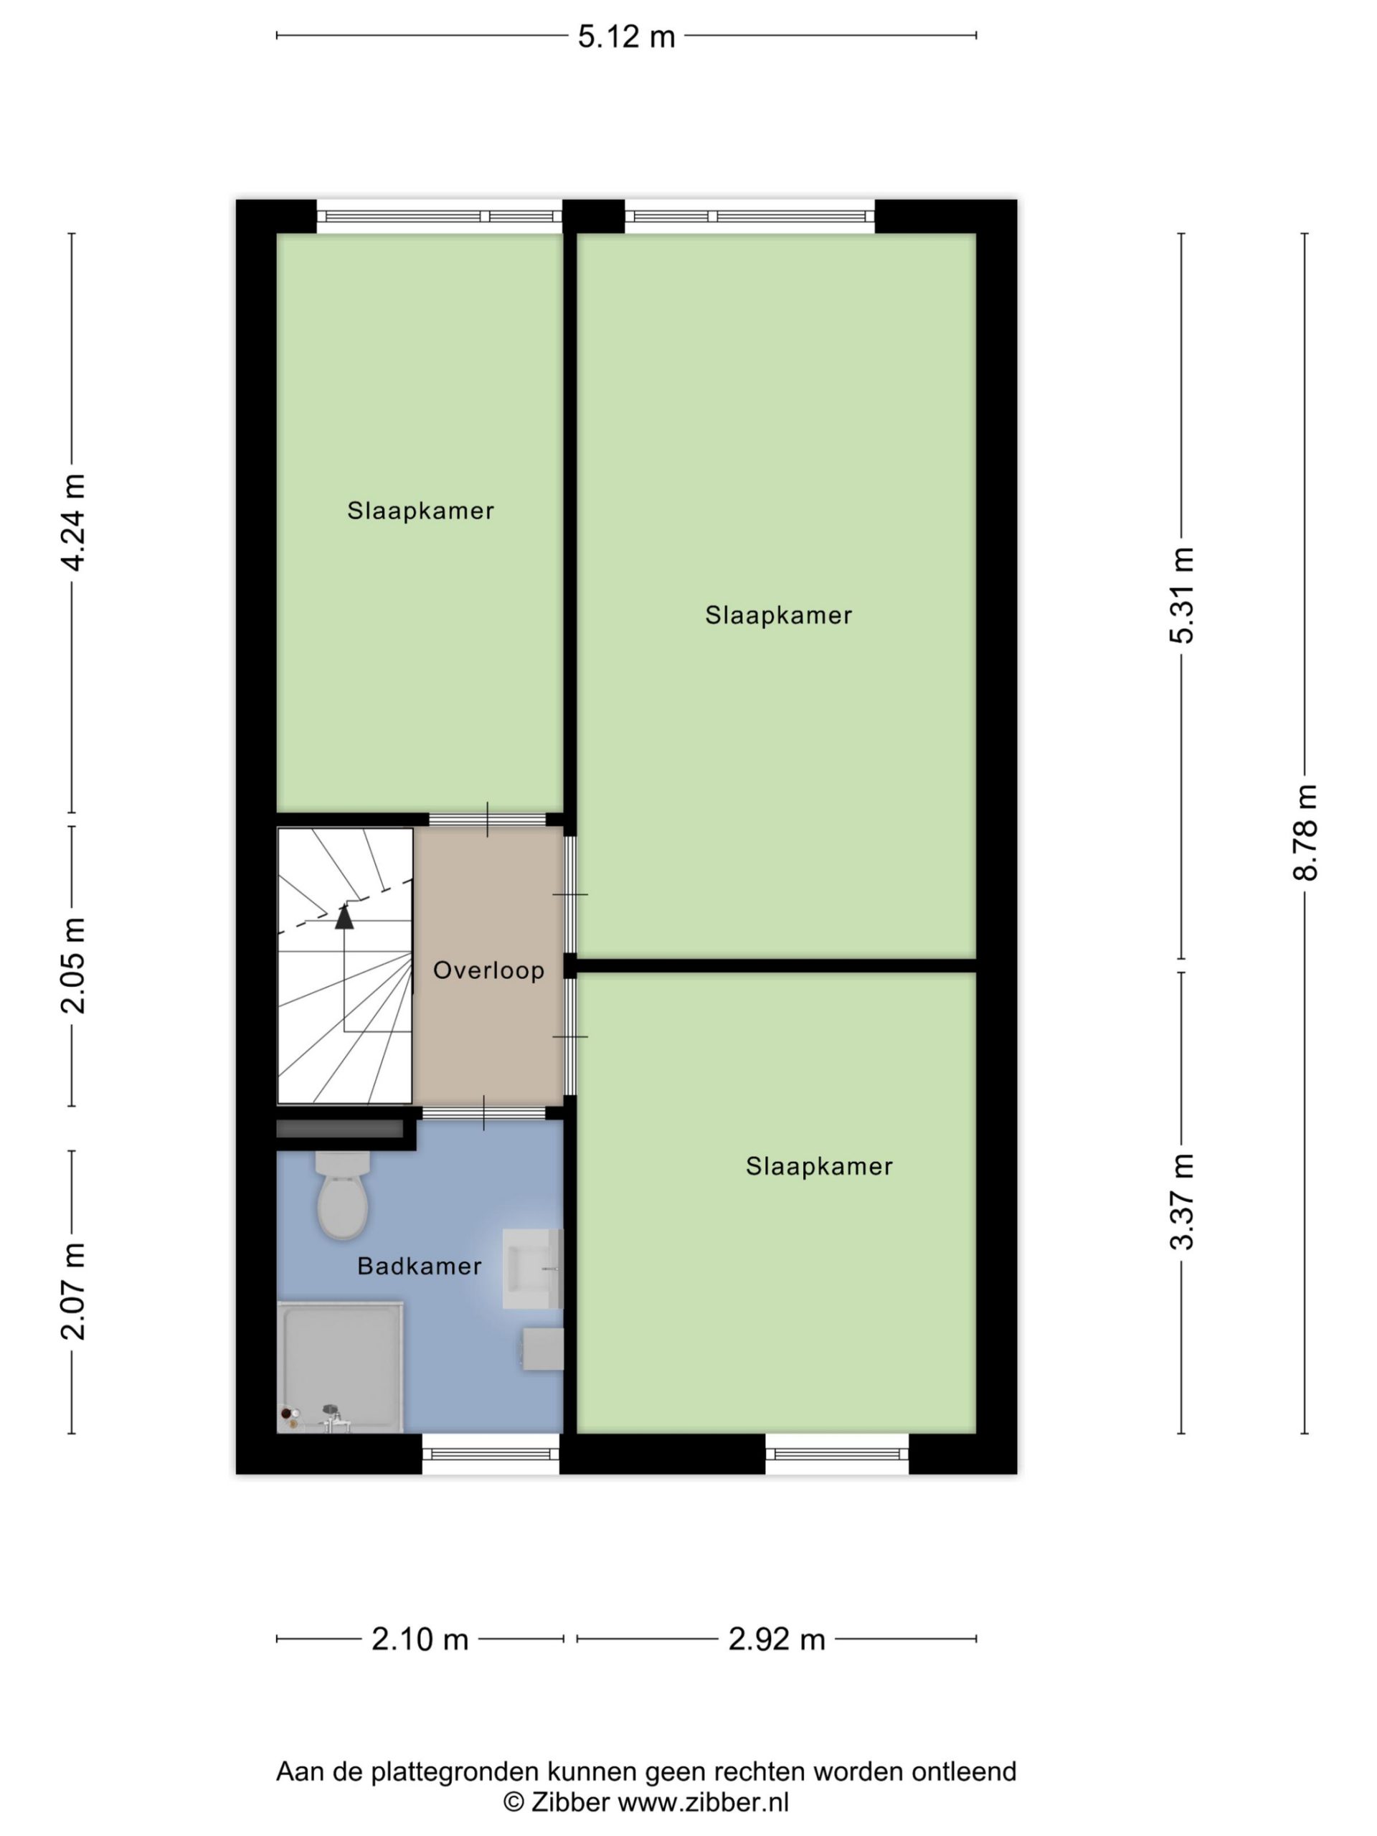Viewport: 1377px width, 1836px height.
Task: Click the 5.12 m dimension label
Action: tap(627, 37)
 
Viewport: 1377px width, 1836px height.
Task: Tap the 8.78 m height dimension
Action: tap(1305, 832)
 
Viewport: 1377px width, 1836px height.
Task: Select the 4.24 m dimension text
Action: tap(73, 522)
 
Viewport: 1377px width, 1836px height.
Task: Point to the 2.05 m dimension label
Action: tap(73, 965)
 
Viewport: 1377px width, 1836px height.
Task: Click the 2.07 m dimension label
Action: tap(73, 1292)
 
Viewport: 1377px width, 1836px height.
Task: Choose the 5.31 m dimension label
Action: tap(1181, 595)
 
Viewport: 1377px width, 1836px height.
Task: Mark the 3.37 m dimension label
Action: tap(1181, 1201)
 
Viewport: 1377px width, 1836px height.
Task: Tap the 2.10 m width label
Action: tap(420, 1639)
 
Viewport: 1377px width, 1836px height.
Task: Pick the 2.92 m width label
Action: tap(777, 1639)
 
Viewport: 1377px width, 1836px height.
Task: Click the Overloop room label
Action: tap(489, 970)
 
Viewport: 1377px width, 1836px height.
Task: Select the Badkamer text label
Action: tap(419, 1266)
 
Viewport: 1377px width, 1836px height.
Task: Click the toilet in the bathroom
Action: tap(342, 1196)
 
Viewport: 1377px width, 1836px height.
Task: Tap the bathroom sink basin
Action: tap(532, 1268)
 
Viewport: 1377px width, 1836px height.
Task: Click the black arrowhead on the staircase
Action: tap(344, 916)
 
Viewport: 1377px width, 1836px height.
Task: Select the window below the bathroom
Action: tap(491, 1453)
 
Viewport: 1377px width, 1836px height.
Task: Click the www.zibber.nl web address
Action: tap(704, 1802)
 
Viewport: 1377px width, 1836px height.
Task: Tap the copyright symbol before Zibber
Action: tap(514, 1802)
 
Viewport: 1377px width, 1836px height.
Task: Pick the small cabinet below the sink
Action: tap(543, 1349)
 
